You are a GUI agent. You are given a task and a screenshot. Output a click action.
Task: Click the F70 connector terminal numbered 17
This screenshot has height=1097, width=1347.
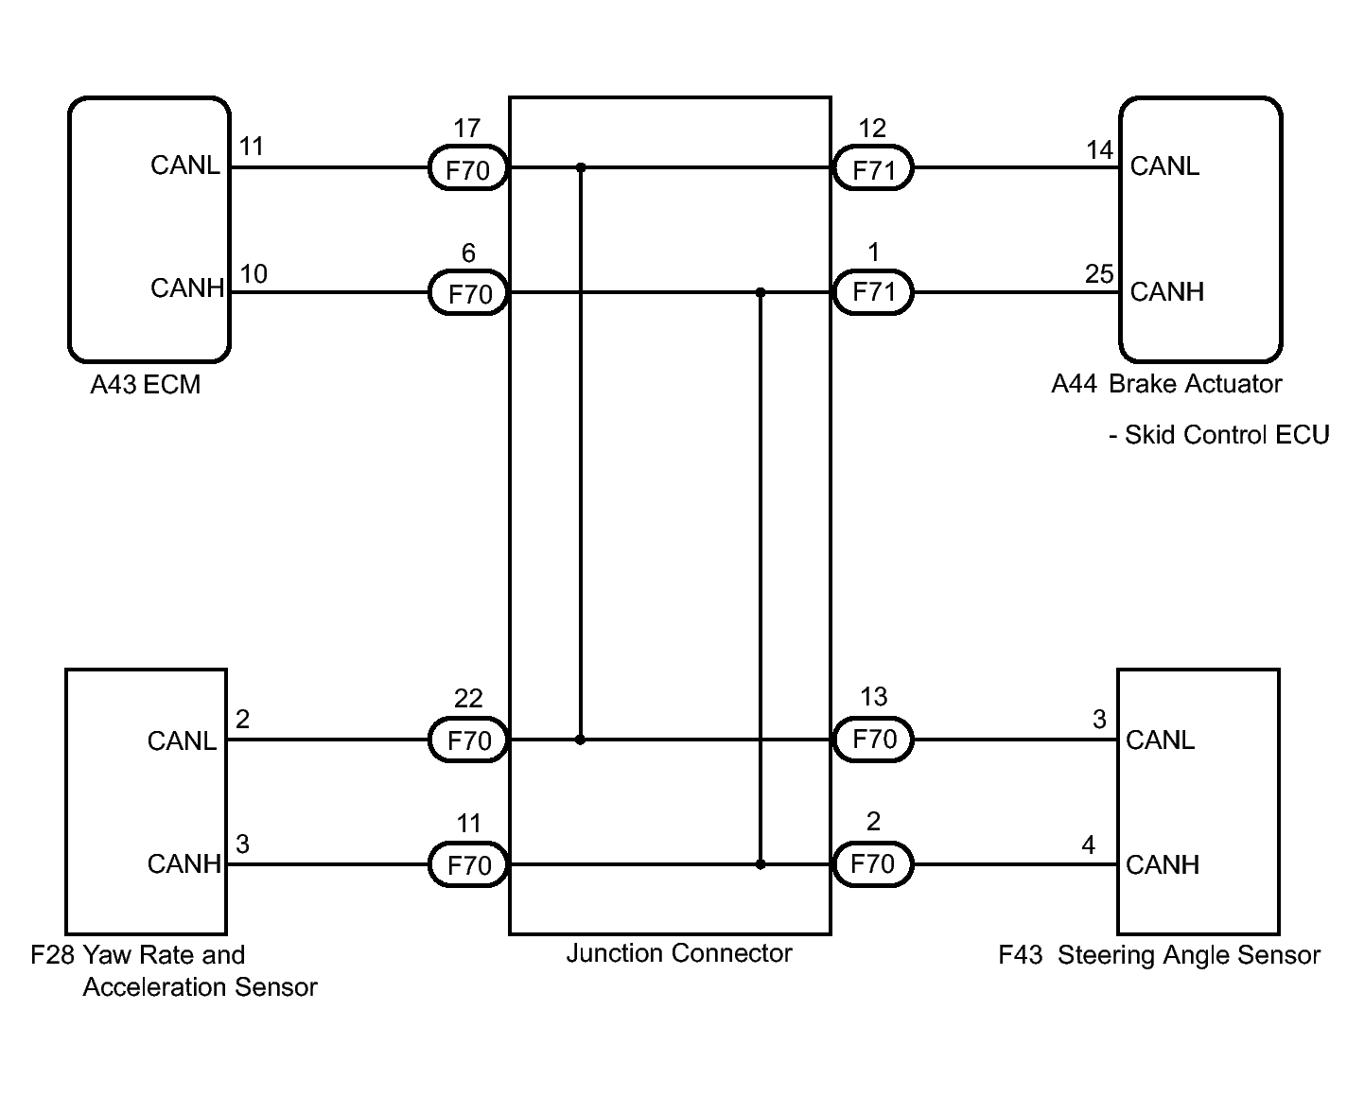tap(468, 167)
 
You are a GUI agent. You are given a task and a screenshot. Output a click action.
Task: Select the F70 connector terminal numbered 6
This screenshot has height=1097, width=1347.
tap(468, 293)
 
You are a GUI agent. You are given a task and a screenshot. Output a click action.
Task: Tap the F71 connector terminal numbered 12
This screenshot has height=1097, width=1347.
tap(873, 167)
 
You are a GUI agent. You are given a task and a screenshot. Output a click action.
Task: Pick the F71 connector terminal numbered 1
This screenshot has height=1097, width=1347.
tap(873, 292)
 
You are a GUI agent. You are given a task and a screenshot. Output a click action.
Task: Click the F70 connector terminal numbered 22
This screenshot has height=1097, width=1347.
tap(468, 740)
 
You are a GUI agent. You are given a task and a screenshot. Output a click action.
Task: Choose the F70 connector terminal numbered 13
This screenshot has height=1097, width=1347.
tap(873, 739)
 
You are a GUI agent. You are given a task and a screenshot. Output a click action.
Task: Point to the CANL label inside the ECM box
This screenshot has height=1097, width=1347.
tap(184, 165)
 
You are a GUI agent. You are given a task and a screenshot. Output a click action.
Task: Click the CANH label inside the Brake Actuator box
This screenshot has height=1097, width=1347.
tap(1166, 292)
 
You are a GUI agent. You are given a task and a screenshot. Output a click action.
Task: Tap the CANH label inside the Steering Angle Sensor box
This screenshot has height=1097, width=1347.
tap(1163, 865)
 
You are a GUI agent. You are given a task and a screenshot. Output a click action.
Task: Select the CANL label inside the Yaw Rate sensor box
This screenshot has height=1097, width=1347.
tap(182, 741)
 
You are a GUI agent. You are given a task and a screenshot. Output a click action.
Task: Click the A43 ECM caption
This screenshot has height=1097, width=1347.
tap(146, 385)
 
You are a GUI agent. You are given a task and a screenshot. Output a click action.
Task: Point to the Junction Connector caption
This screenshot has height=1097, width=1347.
tap(678, 953)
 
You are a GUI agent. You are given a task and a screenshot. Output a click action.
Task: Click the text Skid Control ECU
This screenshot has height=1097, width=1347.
tap(1227, 435)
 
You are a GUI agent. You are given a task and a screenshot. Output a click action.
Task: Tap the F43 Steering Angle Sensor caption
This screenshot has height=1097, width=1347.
tap(1159, 955)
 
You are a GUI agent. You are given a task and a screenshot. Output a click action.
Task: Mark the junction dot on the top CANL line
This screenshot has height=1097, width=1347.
tap(581, 167)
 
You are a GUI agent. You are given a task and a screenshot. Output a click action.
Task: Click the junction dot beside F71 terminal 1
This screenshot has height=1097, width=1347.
tap(761, 293)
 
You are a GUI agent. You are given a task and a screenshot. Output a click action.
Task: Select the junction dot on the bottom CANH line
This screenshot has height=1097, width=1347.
tap(761, 864)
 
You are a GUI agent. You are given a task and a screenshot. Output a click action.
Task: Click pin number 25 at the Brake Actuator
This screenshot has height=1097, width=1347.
tap(1099, 274)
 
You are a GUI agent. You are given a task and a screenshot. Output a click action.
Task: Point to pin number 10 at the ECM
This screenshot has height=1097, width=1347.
tap(254, 274)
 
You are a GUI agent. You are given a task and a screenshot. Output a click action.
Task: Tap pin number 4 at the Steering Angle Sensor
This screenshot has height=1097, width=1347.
tap(1089, 845)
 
